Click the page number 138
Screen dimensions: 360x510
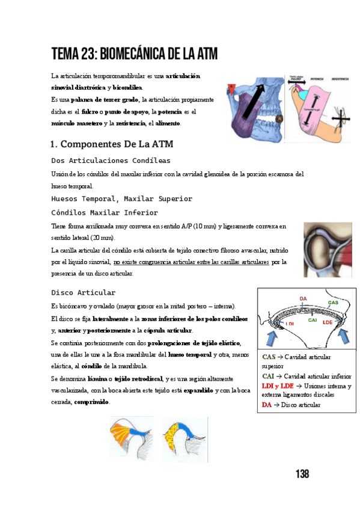pyautogui.click(x=302, y=474)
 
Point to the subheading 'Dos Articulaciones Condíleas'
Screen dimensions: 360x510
pyautogui.click(x=111, y=161)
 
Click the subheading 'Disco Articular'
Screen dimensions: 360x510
pyautogui.click(x=84, y=292)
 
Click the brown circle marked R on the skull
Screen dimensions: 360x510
pyautogui.click(x=279, y=118)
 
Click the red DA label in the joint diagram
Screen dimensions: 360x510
pyautogui.click(x=303, y=299)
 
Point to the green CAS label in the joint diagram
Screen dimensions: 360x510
pyautogui.click(x=332, y=302)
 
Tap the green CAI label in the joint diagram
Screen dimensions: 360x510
pyautogui.click(x=313, y=320)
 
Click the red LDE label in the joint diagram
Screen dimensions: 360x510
pyautogui.click(x=327, y=322)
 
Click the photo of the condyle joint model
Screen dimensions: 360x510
pyautogui.click(x=328, y=250)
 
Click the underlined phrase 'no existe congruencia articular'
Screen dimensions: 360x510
pyautogui.click(x=153, y=262)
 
